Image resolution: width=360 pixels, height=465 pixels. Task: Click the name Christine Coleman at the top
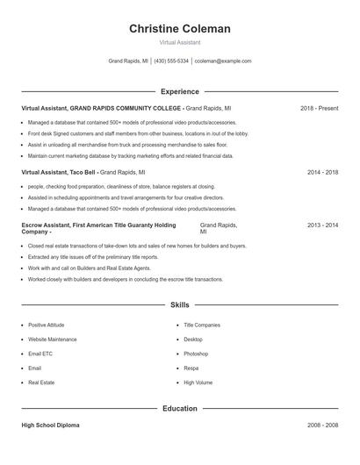click(x=180, y=29)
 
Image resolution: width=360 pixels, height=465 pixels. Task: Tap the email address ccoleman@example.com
click(x=223, y=61)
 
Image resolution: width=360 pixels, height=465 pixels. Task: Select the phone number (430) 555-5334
click(x=172, y=61)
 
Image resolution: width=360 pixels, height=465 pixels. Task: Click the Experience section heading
click(x=180, y=91)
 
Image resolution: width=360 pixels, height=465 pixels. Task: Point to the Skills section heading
click(x=180, y=305)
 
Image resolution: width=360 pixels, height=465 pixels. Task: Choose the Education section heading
click(x=180, y=409)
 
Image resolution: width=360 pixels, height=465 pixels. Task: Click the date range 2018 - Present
click(x=319, y=108)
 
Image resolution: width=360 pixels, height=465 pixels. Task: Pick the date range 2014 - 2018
click(x=322, y=173)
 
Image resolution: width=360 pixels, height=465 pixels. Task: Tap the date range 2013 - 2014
click(x=322, y=225)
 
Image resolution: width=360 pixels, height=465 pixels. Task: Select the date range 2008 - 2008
click(x=322, y=426)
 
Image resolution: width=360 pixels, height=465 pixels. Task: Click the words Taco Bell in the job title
click(x=81, y=173)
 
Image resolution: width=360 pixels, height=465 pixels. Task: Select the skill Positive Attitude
click(x=46, y=325)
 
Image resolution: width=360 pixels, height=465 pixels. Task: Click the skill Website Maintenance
click(x=53, y=339)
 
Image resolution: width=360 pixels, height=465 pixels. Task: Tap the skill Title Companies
click(x=202, y=325)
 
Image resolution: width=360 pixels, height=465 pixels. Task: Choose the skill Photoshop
click(x=196, y=354)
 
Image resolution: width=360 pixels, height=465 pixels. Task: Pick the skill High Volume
click(x=198, y=383)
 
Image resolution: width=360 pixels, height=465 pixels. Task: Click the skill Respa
click(x=191, y=368)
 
